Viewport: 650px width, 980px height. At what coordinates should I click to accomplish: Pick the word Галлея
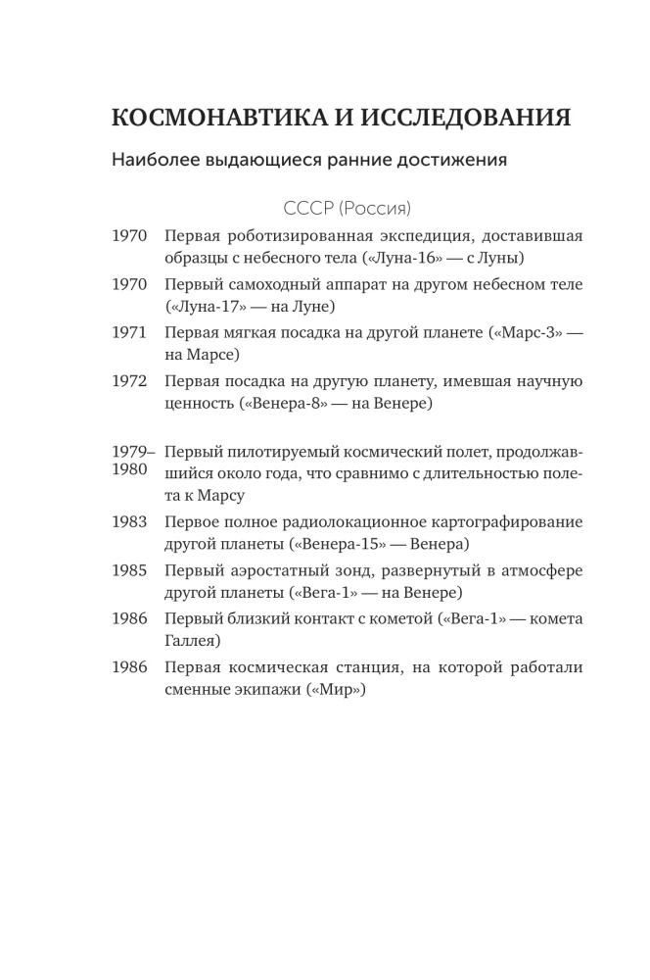coord(193,642)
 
